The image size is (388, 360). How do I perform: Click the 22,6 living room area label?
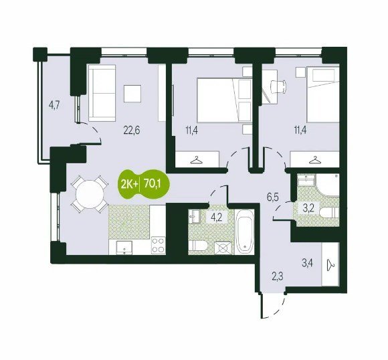tap(131, 130)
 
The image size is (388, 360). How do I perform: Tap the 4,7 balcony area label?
tap(54, 105)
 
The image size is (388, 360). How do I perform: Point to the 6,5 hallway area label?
tap(272, 197)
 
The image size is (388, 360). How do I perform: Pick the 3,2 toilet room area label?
tap(308, 209)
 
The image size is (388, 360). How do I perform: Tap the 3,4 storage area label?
tap(307, 263)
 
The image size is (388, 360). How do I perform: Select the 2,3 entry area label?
tap(278, 277)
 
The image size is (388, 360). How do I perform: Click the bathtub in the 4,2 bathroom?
tap(244, 232)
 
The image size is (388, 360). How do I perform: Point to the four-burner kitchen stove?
tap(158, 245)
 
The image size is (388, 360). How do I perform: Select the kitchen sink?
tap(124, 248)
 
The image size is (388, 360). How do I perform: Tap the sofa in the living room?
tap(102, 93)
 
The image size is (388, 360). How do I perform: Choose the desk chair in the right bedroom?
tap(279, 86)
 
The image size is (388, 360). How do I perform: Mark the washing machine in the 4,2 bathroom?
tap(223, 248)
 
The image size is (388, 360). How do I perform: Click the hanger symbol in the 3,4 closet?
tap(330, 265)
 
